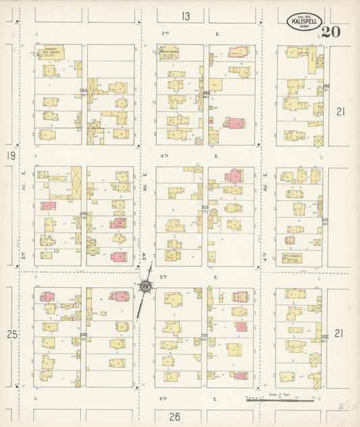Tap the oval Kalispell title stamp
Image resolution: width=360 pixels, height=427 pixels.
301,22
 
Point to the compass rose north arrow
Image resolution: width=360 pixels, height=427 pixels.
145,288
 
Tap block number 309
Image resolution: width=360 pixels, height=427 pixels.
205,207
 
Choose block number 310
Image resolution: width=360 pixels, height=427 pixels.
324,220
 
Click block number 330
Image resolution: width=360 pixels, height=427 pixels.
84,334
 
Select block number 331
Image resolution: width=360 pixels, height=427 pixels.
204,335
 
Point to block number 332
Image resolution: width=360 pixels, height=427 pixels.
324,336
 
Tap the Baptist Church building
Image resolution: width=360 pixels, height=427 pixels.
170,53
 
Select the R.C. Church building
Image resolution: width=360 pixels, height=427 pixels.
292,257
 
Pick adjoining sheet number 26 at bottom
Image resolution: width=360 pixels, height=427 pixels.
174,417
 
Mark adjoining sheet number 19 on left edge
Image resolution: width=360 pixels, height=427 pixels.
10,155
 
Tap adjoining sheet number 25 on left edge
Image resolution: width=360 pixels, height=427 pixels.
10,334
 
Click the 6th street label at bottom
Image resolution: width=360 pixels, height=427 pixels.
163,399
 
